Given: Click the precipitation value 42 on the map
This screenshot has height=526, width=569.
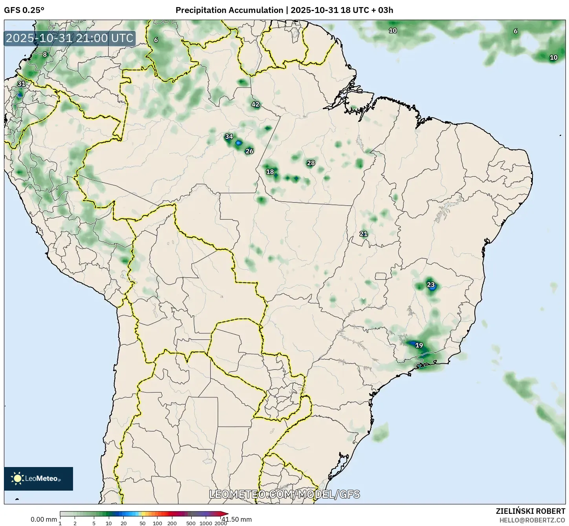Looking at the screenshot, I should coord(255,104).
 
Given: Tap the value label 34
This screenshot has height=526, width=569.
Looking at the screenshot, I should coord(229,136).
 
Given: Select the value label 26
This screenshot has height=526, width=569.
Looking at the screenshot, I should coord(249,151).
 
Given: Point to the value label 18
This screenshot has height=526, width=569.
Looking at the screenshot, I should coord(270,171).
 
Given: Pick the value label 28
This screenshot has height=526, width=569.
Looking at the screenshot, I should coord(311,163).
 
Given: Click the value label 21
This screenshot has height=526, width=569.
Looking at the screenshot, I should coord(364,234).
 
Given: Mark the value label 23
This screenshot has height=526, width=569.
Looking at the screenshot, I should coord(431,285).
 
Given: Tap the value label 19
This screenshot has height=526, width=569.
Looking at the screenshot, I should coord(419,345).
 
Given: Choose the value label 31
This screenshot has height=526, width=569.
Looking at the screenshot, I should coord(21,84).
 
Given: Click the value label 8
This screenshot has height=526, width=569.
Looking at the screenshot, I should coord(45,55).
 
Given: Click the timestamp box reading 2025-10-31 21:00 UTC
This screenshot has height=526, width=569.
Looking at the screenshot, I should coord(70,38).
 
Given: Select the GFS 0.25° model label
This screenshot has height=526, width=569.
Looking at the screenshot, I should coord(24,10).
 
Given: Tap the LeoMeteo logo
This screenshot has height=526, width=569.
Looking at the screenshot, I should coord(38,478).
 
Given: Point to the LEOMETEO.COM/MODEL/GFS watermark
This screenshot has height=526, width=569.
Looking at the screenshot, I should coord(284,494).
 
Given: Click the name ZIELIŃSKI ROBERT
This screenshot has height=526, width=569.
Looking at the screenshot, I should coord(530,511).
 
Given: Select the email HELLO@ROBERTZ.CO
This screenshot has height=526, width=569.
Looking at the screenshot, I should coord(532,520).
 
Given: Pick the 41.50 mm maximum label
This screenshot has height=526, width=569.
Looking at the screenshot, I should coord(236,519).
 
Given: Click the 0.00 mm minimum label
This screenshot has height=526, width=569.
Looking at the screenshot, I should coord(44,519).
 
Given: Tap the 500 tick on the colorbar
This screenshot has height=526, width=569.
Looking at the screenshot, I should coord(191,523).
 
